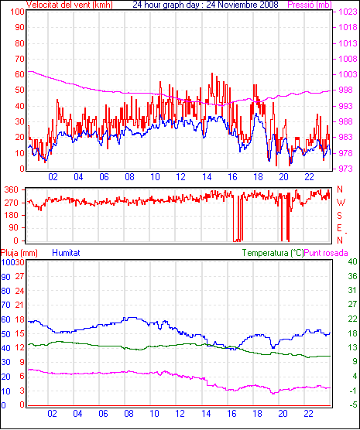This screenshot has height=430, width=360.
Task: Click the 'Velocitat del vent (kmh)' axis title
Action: (70, 5)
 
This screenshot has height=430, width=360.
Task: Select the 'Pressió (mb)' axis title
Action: (310, 5)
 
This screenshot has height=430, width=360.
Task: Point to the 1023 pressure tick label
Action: (348, 12)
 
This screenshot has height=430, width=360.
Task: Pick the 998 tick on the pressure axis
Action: (348, 90)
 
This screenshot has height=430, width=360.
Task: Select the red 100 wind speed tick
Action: (17, 12)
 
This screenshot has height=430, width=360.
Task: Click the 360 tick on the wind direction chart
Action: (12, 189)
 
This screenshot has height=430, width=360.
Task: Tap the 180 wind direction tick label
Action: (12, 215)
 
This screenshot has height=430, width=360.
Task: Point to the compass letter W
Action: (341, 203)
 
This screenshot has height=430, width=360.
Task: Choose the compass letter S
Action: (340, 216)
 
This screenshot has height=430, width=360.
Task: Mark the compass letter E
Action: (339, 228)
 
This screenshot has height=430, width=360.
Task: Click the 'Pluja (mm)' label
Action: (19, 253)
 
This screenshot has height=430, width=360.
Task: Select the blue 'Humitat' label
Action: (66, 253)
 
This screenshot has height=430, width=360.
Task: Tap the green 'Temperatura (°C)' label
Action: (273, 253)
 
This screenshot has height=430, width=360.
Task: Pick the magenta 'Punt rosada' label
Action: (326, 253)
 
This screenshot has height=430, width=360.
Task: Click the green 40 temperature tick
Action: (352, 261)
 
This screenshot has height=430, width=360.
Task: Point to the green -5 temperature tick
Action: (352, 404)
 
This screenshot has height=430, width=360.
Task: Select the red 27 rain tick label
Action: (19, 276)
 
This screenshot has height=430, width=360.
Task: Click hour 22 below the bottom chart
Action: (308, 413)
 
